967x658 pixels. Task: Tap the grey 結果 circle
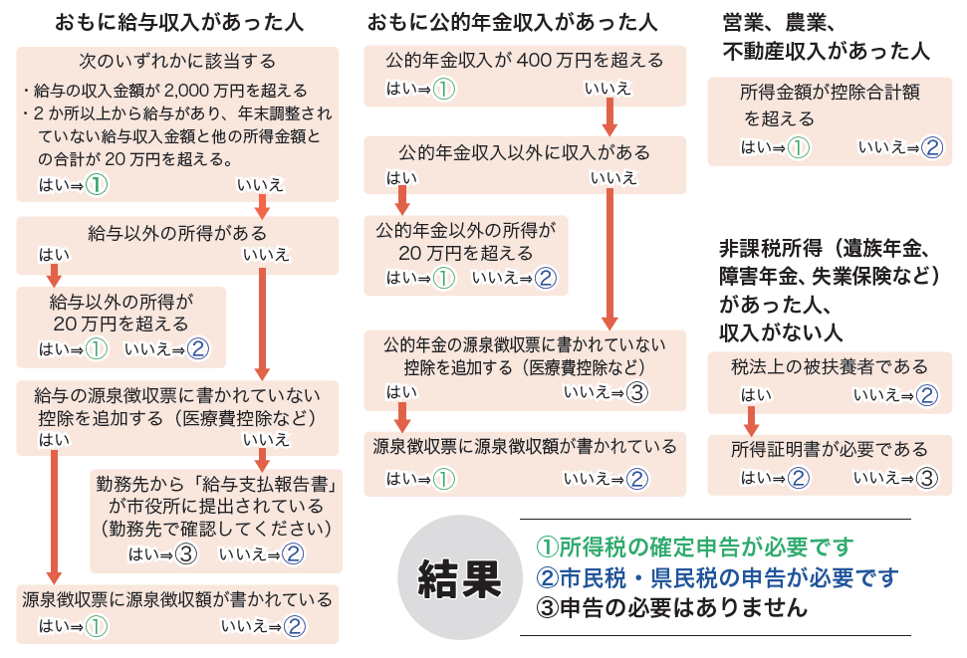460,577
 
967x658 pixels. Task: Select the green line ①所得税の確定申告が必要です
695,547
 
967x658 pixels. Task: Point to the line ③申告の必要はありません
671,607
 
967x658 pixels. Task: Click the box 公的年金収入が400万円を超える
525,61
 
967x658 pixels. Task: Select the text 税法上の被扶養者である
830,367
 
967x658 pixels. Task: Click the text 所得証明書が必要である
830,449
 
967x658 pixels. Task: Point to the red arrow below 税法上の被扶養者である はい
753,412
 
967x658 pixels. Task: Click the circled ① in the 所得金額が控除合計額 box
799,147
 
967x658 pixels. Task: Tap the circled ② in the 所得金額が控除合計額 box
931,147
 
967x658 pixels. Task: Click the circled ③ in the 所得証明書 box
927,478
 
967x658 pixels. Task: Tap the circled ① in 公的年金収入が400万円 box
443,90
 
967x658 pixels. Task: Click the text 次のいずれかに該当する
177,63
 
